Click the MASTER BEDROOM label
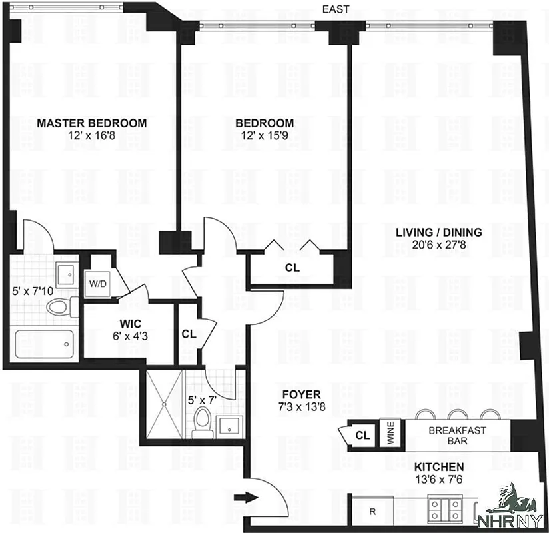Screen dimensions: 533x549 pos(91,123)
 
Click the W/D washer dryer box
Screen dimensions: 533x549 pos(97,282)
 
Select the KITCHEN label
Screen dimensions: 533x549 pos(439,467)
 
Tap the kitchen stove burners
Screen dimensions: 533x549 pos(444,511)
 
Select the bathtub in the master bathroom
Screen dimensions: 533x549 pos(43,344)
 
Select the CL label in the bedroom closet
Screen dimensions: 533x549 pos(292,268)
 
